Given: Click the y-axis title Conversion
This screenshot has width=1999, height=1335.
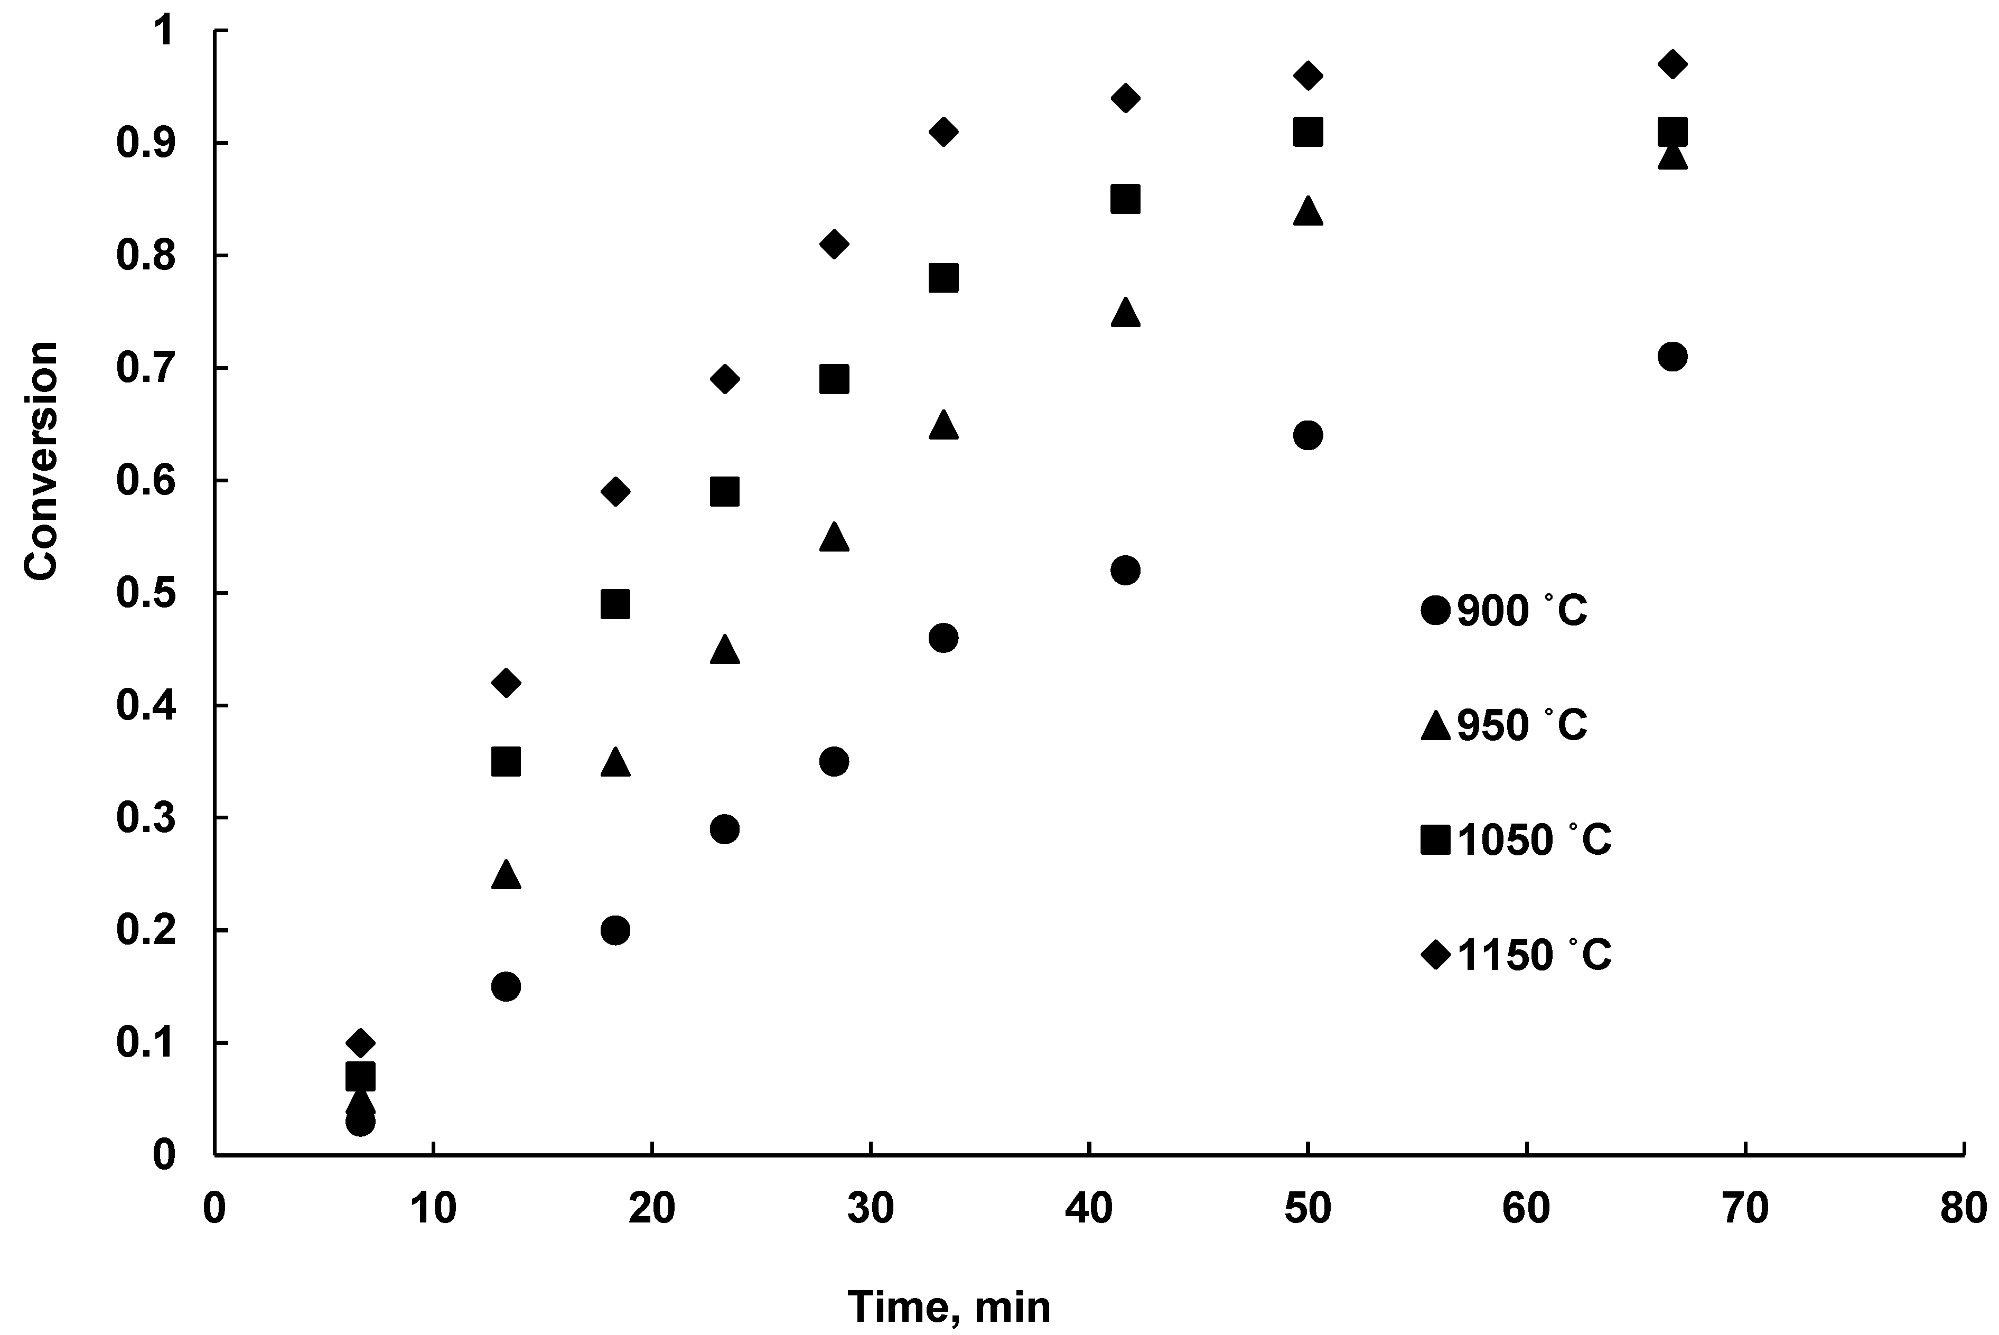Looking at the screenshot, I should click(x=40, y=461).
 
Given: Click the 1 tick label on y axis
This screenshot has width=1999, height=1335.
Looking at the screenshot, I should click(x=163, y=32).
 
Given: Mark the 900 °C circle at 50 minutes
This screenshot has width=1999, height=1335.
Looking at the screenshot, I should click(x=1307, y=435).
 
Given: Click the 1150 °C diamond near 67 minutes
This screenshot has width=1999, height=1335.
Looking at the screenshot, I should click(x=1673, y=64).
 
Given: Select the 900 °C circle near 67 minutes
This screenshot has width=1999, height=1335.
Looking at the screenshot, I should click(x=1673, y=356).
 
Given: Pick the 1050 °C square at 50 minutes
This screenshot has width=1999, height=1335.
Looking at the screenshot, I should click(x=1307, y=132).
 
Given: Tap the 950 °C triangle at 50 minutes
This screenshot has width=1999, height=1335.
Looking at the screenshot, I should click(x=1307, y=211).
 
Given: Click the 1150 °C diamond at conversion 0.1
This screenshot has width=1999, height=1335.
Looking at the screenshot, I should click(x=360, y=1042).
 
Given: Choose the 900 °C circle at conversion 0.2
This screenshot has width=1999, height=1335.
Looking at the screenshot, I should click(x=615, y=930).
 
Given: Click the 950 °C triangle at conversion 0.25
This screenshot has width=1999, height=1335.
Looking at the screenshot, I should click(x=506, y=874).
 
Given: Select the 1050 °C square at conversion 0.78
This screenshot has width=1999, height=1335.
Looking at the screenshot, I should click(x=944, y=277).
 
